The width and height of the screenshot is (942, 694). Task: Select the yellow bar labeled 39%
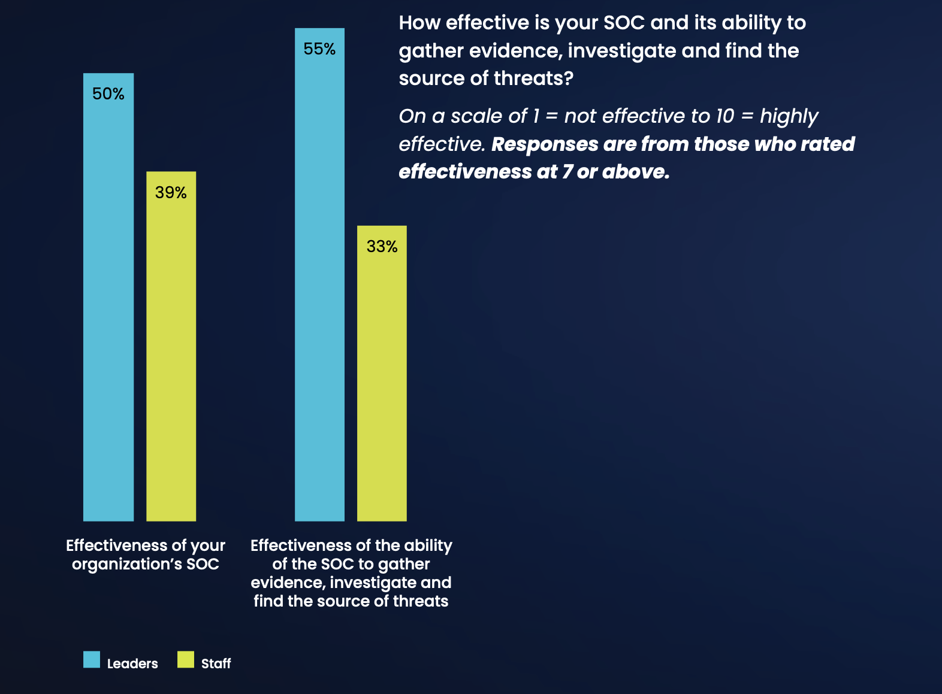tap(171, 359)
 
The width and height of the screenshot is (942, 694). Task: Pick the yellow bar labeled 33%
tap(382, 383)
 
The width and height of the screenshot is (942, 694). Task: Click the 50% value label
tap(108, 94)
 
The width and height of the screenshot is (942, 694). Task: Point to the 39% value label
tap(171, 193)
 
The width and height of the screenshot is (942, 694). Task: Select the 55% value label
tap(319, 49)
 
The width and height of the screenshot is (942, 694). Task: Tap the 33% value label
tap(382, 247)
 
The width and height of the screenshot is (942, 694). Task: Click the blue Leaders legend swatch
tap(92, 659)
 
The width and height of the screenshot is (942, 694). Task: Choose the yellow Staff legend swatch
tap(186, 659)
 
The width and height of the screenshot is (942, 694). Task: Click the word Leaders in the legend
tap(132, 663)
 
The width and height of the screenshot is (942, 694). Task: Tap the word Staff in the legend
tap(216, 663)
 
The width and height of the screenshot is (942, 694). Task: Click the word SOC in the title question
tap(624, 23)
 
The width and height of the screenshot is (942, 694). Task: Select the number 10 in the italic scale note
tap(724, 116)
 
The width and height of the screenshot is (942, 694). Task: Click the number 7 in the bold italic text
tap(567, 172)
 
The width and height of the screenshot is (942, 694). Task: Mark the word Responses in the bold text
tap(545, 145)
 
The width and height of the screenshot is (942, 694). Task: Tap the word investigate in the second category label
tap(375, 583)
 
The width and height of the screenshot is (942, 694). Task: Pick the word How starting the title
tap(419, 23)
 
